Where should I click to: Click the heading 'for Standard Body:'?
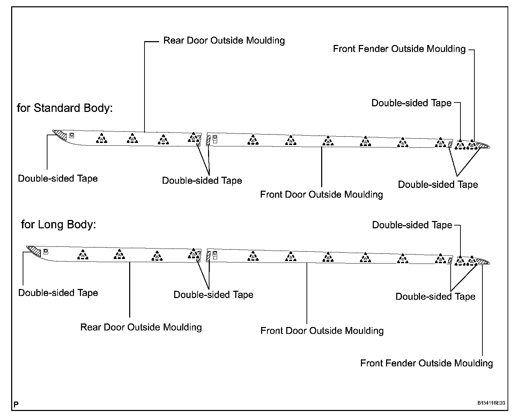pyautogui.click(x=65, y=108)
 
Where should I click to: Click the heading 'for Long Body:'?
pyautogui.click(x=58, y=224)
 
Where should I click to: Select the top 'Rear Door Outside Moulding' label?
pyautogui.click(x=224, y=40)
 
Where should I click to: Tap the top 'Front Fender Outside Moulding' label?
pyautogui.click(x=399, y=49)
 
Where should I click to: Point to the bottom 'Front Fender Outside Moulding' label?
pyautogui.click(x=427, y=363)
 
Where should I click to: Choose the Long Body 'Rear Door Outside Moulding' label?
pyautogui.click(x=141, y=327)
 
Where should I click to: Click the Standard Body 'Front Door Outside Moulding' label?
pyautogui.click(x=321, y=194)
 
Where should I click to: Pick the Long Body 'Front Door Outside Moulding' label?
pyautogui.click(x=322, y=330)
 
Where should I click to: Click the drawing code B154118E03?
pyautogui.click(x=491, y=403)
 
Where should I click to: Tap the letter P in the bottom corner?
pyautogui.click(x=16, y=405)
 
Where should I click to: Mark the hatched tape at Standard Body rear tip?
pyautogui.click(x=61, y=135)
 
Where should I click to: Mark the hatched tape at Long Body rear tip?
pyautogui.click(x=35, y=251)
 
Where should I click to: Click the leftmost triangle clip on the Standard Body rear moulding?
pyautogui.click(x=102, y=139)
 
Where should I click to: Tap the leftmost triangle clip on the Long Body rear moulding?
pyautogui.click(x=83, y=255)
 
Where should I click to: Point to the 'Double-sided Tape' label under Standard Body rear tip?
pyautogui.click(x=58, y=178)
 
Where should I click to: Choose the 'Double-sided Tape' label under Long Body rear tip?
pyautogui.click(x=58, y=293)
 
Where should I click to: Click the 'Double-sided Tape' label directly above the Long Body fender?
pyautogui.click(x=412, y=225)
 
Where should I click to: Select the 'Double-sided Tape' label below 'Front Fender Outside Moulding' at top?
pyautogui.click(x=412, y=103)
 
